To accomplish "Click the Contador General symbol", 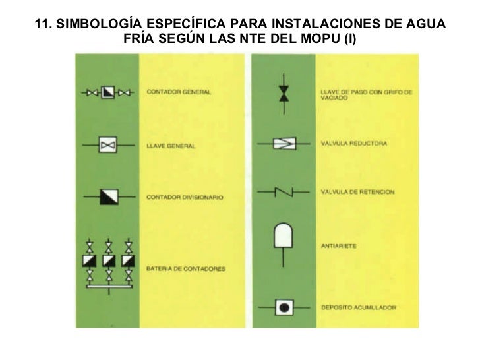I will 107,92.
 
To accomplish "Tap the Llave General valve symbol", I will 107,144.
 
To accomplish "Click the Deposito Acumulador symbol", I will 284,307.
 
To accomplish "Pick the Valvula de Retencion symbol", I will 284,192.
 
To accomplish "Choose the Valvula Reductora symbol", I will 284,143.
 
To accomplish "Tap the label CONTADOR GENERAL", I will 179,92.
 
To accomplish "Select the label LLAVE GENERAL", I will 171,145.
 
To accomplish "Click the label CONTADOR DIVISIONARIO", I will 185,197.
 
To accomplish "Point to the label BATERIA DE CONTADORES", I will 187,269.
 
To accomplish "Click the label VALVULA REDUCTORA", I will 353,143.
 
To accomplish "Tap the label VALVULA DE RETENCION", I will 357,192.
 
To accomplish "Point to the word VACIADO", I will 334,98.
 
